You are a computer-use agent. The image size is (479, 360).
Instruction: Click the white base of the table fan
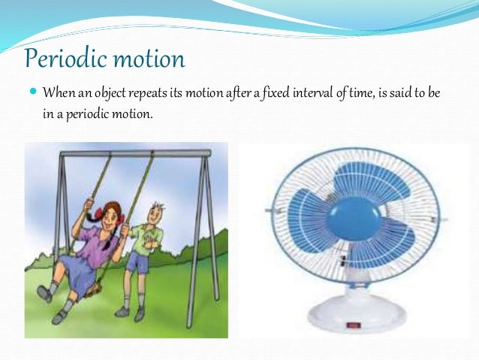point(353,319)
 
